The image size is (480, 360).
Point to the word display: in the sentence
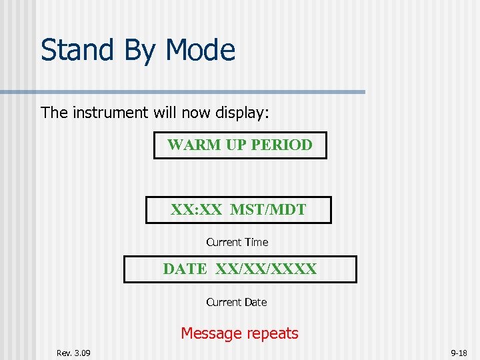241,113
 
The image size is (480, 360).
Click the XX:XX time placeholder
196,210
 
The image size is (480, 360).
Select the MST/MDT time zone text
268,210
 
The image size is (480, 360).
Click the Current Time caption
237,243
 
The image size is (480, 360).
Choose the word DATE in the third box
185,269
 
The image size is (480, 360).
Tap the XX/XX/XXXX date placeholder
266,269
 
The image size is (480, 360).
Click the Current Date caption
236,303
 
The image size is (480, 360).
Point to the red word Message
211,333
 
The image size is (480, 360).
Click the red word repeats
272,334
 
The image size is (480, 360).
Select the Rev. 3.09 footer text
74,353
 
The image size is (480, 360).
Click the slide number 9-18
459,353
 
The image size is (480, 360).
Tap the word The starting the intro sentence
55,113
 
